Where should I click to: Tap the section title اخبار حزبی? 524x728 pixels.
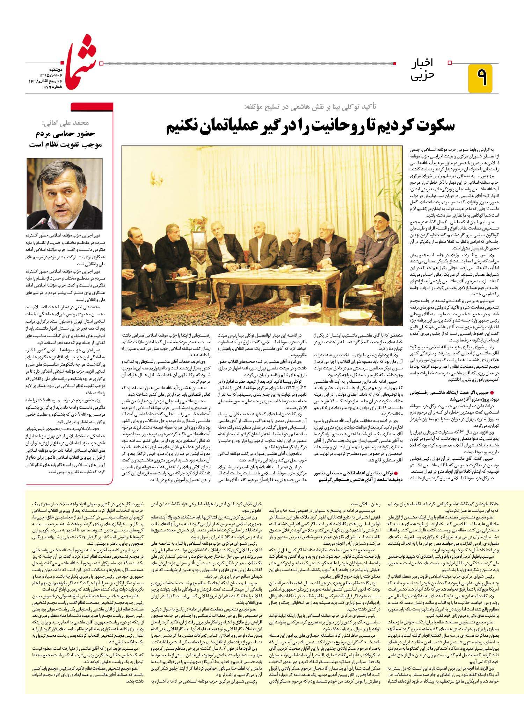[423, 70]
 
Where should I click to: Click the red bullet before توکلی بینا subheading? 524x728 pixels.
[396, 472]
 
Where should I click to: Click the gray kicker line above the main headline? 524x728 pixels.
[311, 107]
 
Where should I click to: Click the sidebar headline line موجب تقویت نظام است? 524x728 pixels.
[65, 144]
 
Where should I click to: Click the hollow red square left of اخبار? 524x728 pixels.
[450, 63]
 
